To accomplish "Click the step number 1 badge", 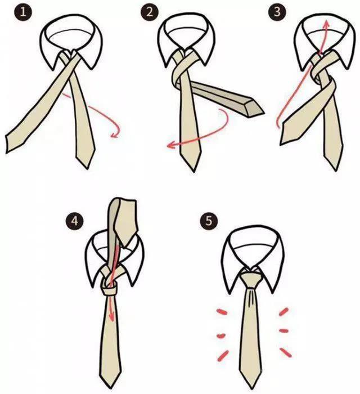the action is click(23, 12).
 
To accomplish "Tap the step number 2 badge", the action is click(150, 12).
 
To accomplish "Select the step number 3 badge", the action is click(277, 12).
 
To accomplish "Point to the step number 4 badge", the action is click(75, 221).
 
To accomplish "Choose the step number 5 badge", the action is click(209, 221).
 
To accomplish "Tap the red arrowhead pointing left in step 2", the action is click(171, 145).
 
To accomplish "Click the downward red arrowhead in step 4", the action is click(111, 316).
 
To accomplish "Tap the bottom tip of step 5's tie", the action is click(250, 388).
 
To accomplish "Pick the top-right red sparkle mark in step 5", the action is click(283, 312).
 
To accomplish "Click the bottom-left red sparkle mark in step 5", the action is click(223, 356).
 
